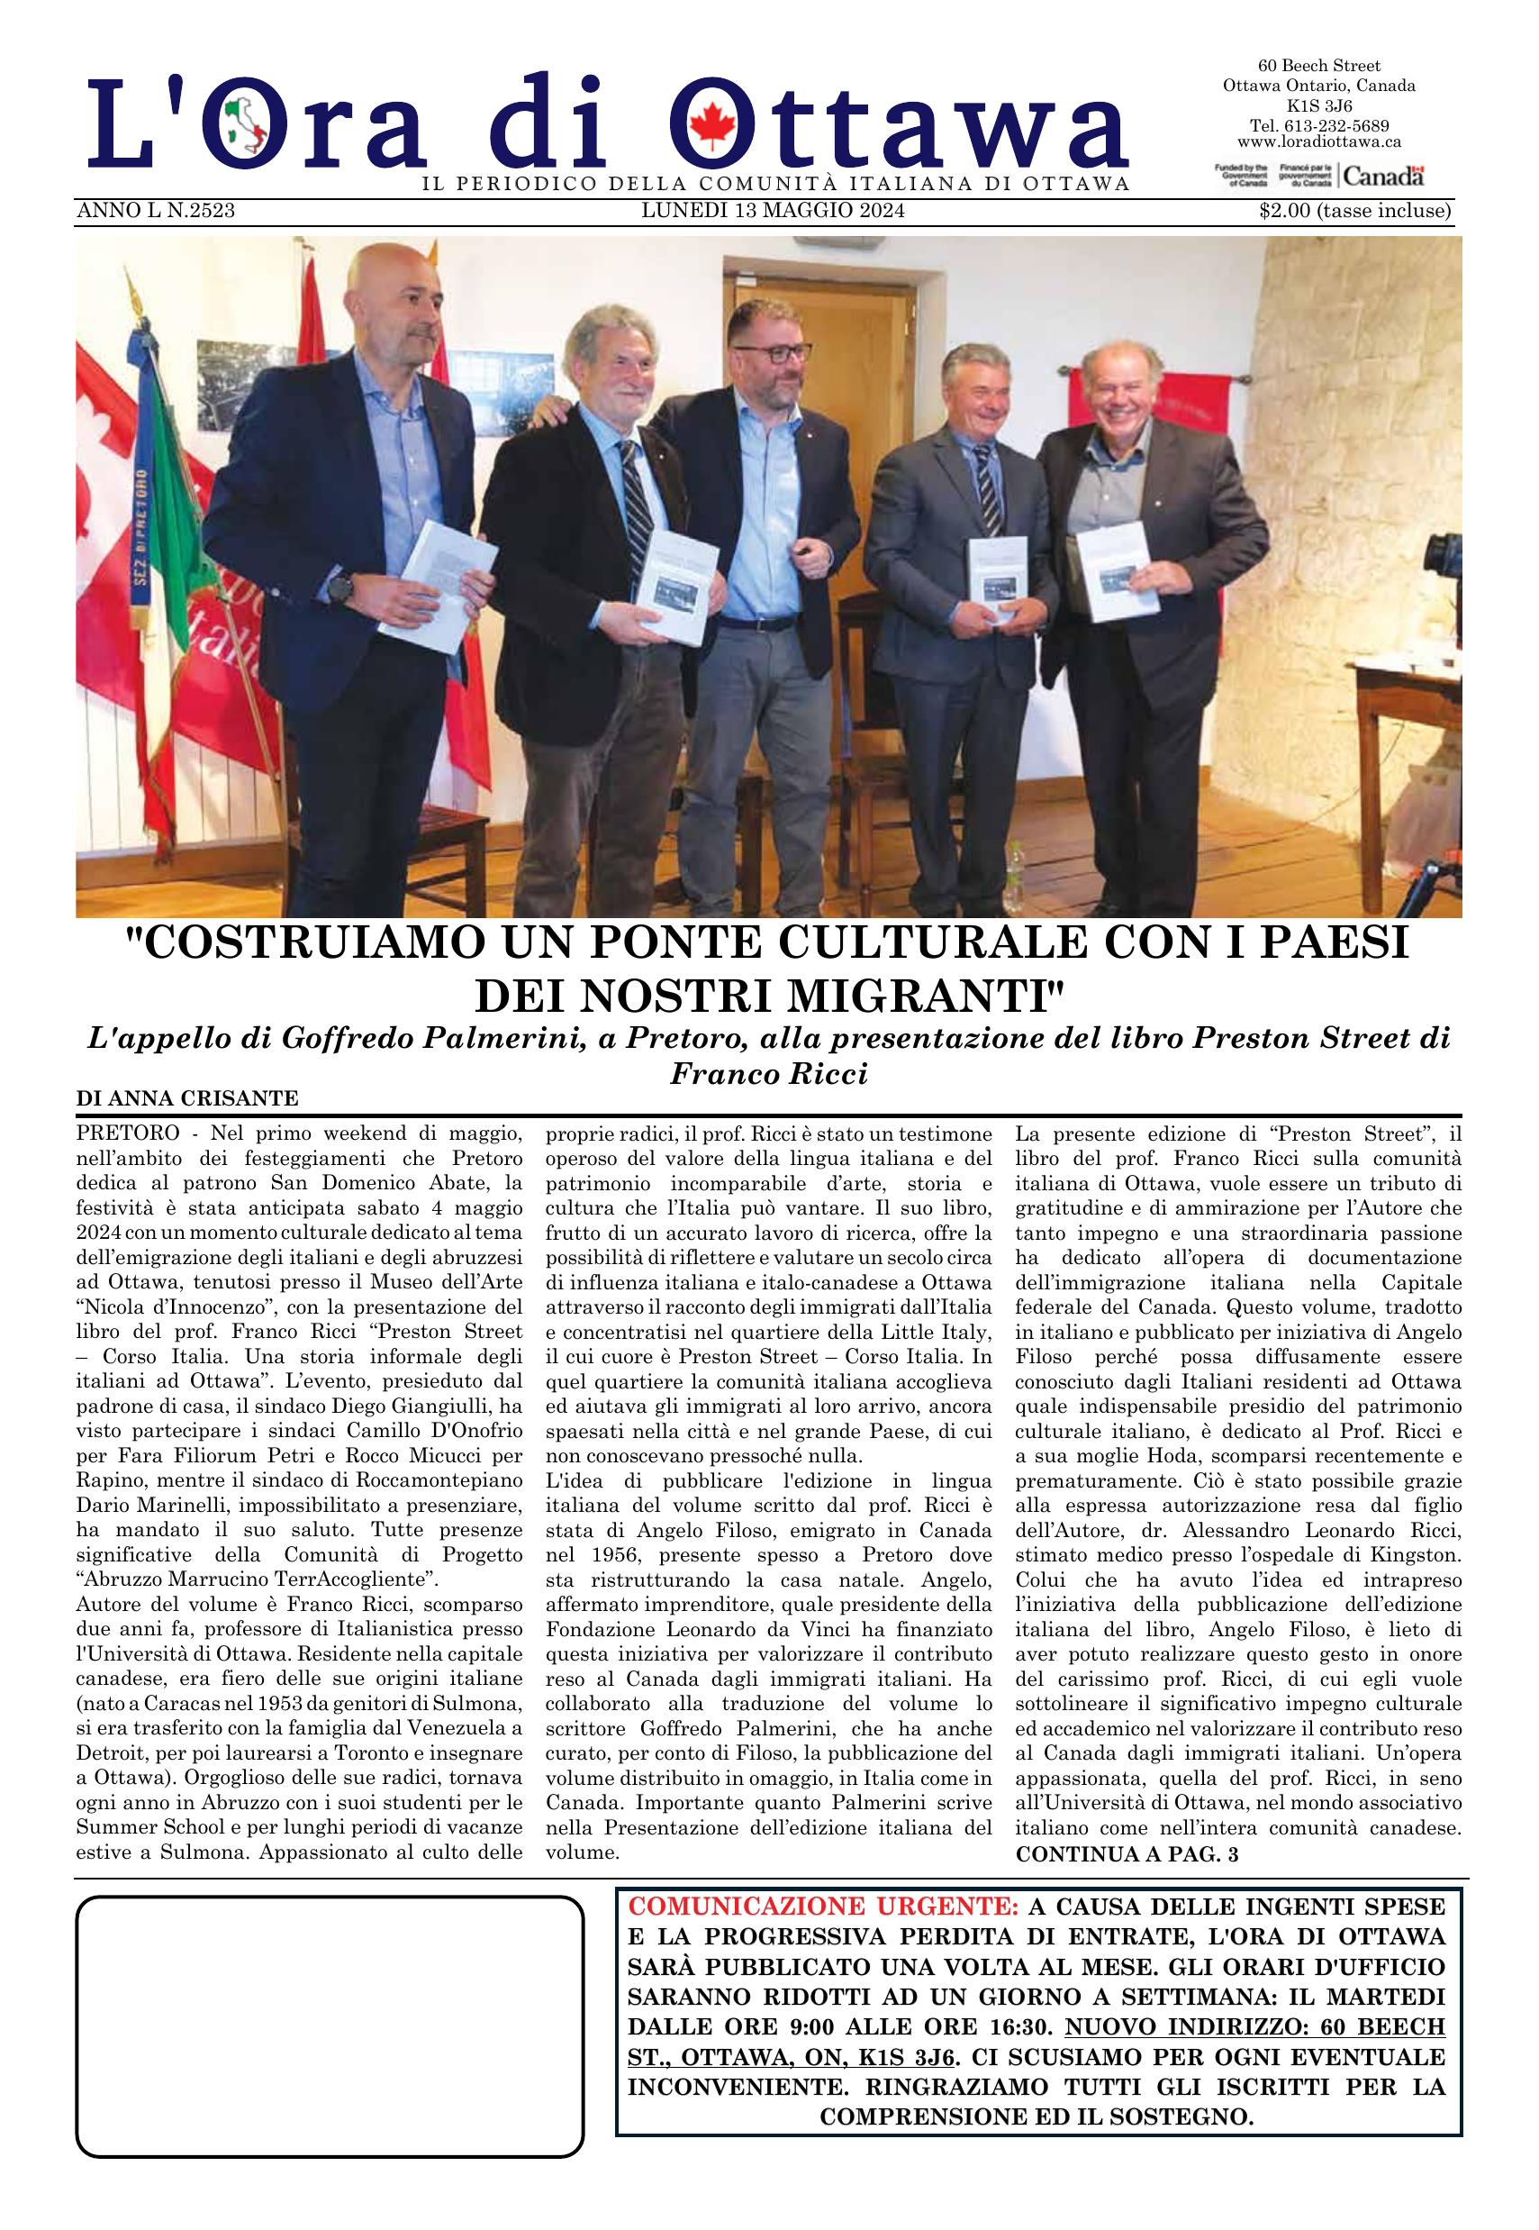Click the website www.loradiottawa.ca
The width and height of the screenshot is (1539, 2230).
tap(1318, 141)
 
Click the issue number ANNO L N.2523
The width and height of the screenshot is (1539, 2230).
tap(155, 211)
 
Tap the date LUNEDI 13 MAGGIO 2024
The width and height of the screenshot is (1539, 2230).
tap(774, 211)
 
